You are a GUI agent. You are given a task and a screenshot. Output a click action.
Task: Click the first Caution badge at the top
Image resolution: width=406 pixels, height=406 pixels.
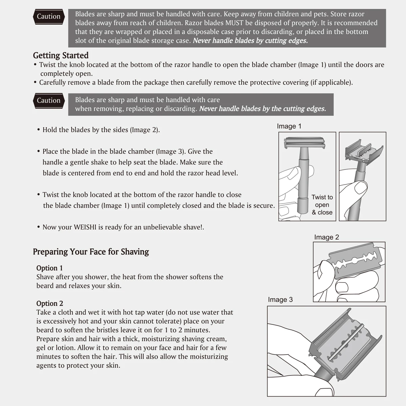click(x=49, y=17)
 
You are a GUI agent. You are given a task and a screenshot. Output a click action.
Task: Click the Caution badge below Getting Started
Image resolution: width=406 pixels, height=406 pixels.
click(x=49, y=100)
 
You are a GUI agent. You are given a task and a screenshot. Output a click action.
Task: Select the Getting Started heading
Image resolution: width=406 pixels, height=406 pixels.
click(x=61, y=55)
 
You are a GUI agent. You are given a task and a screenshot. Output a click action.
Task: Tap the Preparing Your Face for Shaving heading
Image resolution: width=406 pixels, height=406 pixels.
click(x=91, y=252)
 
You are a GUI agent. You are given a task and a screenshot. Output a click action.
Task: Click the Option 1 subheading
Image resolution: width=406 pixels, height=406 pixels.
click(x=49, y=268)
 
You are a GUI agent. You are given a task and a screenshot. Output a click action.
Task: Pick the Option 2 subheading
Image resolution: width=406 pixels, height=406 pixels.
click(x=50, y=303)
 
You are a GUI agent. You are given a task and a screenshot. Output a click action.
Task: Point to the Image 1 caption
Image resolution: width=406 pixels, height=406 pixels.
click(x=289, y=126)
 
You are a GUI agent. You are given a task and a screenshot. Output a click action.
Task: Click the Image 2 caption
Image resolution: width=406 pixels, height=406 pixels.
click(x=326, y=237)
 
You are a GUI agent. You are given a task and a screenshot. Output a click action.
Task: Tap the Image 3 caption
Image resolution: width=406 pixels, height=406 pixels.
click(x=280, y=300)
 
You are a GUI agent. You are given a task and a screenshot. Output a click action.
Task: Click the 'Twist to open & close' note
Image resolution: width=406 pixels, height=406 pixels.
click(x=322, y=205)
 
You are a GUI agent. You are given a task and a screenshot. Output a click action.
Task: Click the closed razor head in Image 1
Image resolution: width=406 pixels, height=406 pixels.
click(x=304, y=143)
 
